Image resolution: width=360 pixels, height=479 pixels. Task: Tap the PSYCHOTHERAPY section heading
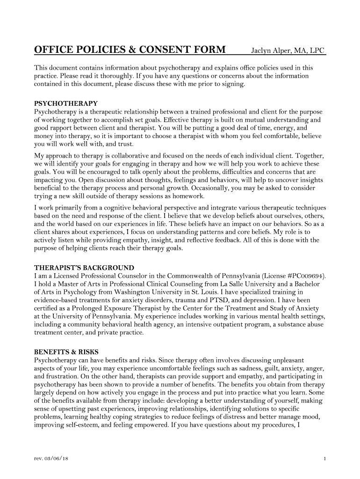(x=66, y=103)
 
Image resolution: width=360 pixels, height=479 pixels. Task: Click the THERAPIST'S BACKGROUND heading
(x=84, y=268)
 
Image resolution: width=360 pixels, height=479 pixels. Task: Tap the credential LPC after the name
(x=316, y=51)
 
